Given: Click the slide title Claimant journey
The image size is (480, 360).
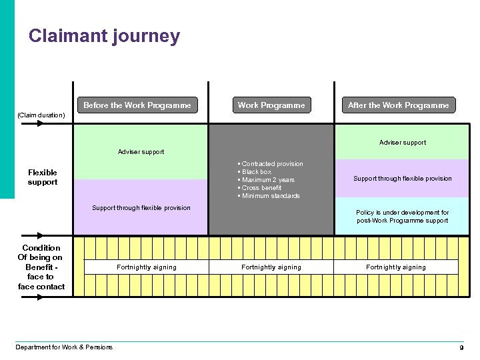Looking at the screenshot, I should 104,36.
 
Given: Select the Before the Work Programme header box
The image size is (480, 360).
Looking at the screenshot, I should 137,105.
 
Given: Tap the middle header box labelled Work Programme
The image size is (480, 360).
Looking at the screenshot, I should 271,105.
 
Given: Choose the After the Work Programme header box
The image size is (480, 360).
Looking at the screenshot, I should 399,105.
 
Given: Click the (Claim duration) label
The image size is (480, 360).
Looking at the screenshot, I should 41,115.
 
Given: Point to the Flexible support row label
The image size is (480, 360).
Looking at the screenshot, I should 43,177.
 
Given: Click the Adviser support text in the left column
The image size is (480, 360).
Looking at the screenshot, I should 141,152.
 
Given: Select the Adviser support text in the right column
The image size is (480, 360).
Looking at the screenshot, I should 403,143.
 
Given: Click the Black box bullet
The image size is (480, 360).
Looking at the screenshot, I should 256,172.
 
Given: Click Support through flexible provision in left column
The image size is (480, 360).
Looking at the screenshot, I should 141,208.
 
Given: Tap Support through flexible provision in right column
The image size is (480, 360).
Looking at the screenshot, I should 403,179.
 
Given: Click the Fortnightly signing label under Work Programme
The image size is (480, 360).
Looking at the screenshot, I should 271,267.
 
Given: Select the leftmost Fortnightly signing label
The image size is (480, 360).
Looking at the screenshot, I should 147,267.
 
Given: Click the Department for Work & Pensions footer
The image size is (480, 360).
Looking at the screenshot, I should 65,347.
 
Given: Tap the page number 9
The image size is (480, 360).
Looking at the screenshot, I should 461,348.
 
